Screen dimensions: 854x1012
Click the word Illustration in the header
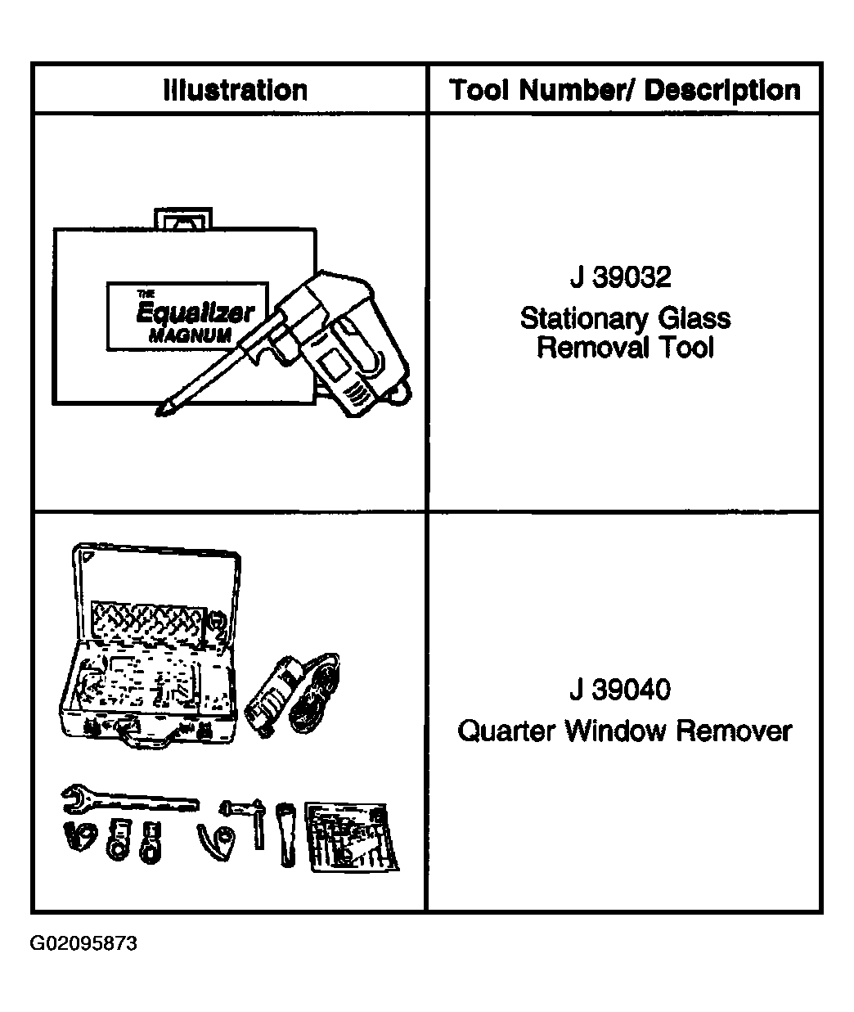point(236,90)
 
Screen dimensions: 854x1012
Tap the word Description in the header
point(722,91)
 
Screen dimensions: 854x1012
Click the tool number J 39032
point(620,277)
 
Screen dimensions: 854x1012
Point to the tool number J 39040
point(620,689)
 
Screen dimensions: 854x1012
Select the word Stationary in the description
point(584,319)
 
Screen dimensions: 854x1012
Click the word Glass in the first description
point(694,318)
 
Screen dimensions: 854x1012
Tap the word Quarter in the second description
point(506,731)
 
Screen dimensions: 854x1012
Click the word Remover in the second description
point(734,731)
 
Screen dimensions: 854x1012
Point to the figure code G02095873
point(83,943)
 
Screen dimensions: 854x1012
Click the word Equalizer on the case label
point(195,313)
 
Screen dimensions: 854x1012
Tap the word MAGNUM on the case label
point(190,335)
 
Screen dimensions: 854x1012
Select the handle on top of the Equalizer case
point(183,218)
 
